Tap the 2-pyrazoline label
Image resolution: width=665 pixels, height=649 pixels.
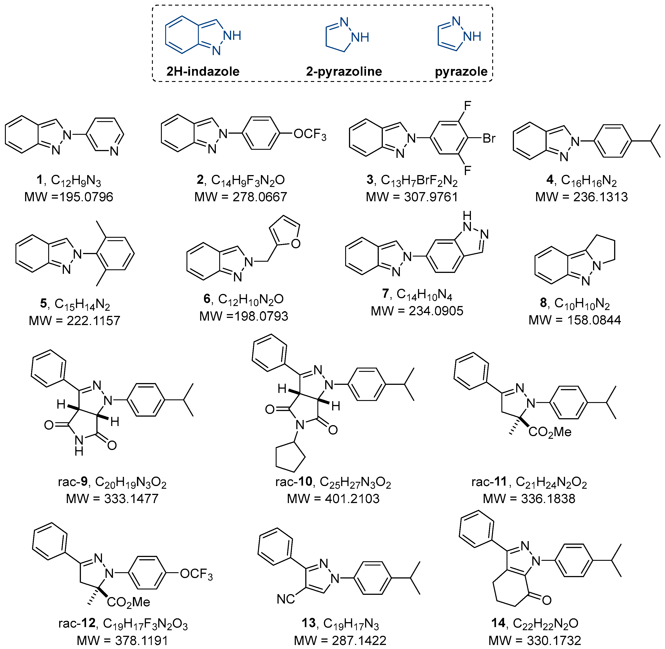[344, 72]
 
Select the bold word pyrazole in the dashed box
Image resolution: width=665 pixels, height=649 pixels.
[461, 72]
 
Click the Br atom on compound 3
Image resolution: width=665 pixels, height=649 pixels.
[489, 138]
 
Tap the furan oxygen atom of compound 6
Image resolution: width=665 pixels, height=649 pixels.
[295, 244]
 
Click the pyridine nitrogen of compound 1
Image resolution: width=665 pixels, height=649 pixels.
[114, 151]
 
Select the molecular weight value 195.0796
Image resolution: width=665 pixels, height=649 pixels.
[86, 197]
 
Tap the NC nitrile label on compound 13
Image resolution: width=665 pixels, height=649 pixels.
[286, 599]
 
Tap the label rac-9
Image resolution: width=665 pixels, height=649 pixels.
[73, 482]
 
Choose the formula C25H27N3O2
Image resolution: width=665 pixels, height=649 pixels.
[355, 482]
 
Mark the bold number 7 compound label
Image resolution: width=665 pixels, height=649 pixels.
[386, 293]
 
